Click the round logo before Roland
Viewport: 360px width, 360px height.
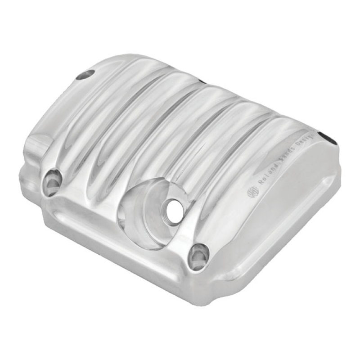click(x=252, y=191)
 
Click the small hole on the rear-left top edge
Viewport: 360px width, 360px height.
click(x=85, y=74)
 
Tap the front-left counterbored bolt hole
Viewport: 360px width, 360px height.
click(x=52, y=181)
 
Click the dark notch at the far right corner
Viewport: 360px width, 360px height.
click(x=334, y=137)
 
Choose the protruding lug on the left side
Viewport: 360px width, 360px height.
click(x=36, y=148)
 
